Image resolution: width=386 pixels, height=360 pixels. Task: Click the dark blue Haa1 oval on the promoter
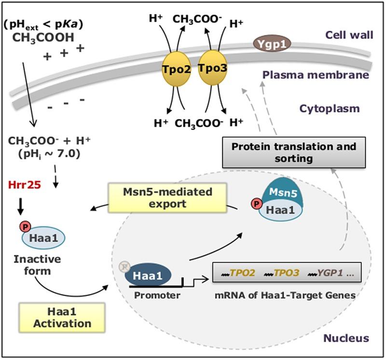[x=144, y=276]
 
